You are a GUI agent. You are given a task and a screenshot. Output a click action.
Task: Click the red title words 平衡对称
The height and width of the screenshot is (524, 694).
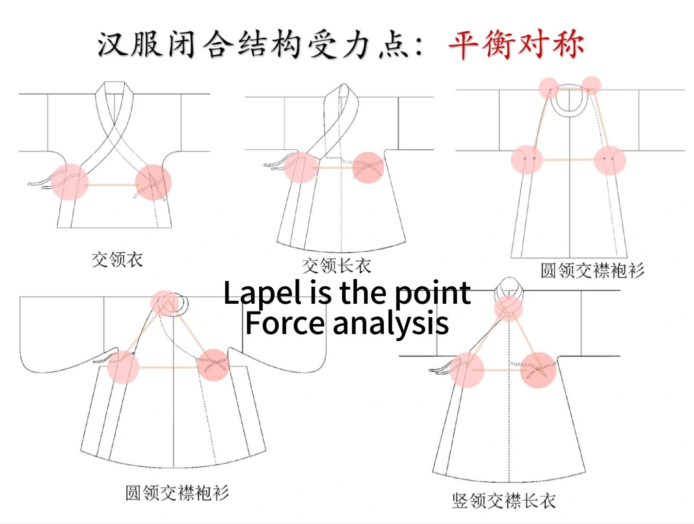tap(515, 45)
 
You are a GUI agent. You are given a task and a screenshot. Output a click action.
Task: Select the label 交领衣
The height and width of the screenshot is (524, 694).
tap(117, 260)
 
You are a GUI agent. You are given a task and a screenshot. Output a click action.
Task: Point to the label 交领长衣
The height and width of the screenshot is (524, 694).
tap(336, 265)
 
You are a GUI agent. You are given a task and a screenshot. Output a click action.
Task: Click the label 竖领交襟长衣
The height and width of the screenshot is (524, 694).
tap(503, 500)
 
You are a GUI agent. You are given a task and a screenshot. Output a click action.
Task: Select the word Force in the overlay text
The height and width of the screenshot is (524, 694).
tap(284, 323)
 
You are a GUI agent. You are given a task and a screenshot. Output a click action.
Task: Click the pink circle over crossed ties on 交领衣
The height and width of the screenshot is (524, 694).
tap(153, 182)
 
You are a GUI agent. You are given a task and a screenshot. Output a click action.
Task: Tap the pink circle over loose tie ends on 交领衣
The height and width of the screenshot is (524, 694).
tap(70, 181)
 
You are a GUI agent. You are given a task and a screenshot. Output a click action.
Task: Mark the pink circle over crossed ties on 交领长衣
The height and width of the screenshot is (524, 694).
tap(368, 168)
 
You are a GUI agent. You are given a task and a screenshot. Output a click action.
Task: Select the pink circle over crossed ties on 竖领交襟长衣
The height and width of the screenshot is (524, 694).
tap(538, 370)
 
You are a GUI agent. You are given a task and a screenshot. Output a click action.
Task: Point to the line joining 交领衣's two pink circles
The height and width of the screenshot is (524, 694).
tap(112, 184)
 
